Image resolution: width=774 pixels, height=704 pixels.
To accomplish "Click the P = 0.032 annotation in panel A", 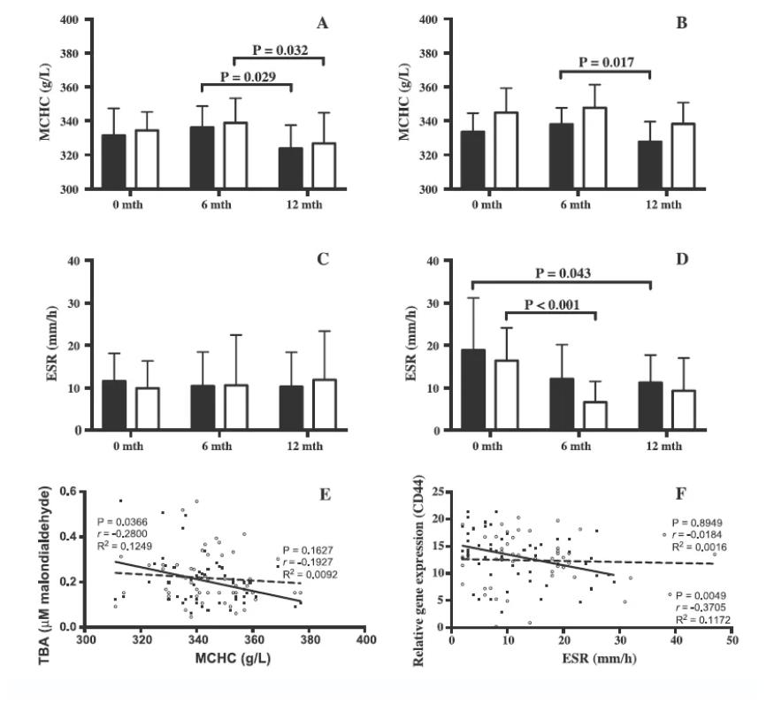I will click(279, 50).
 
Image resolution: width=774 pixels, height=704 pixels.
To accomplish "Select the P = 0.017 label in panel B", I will click(606, 63).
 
